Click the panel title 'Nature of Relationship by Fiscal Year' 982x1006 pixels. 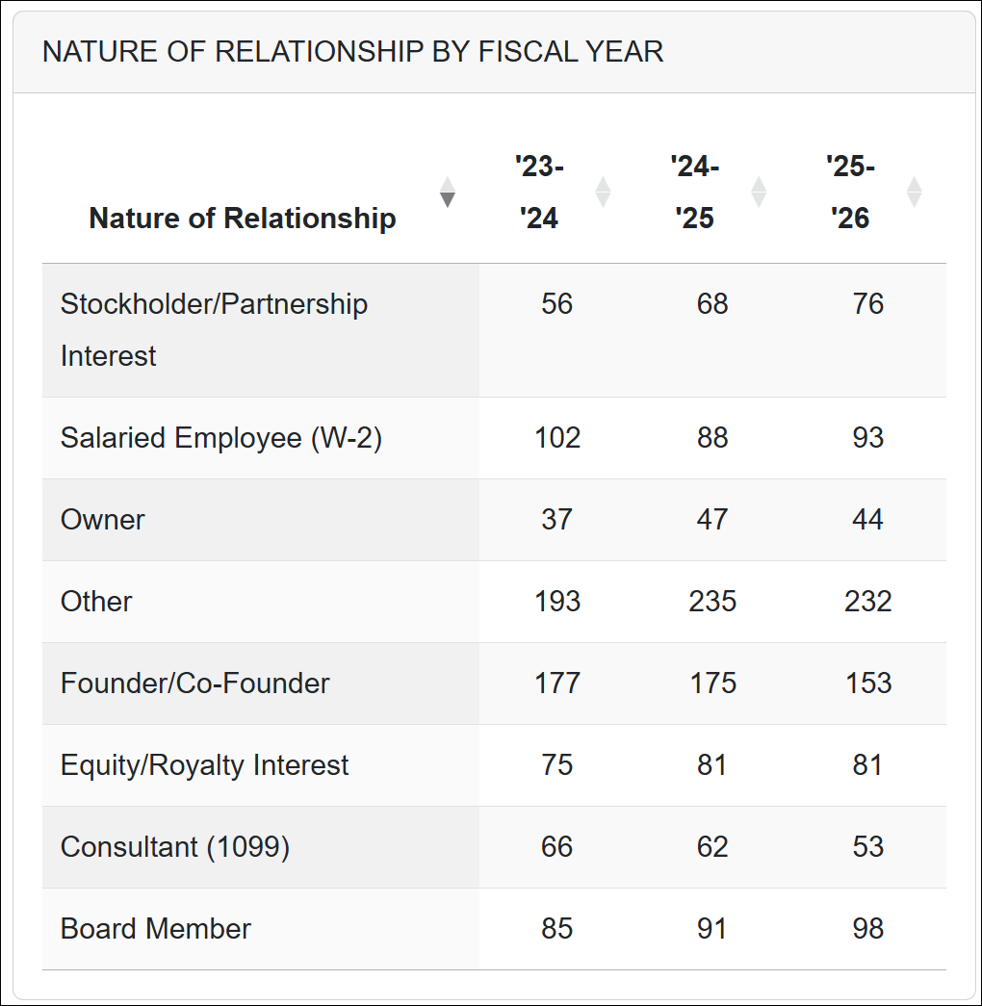pyautogui.click(x=352, y=52)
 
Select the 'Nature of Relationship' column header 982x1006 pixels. pyautogui.click(x=242, y=219)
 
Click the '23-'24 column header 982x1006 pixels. pyautogui.click(x=539, y=193)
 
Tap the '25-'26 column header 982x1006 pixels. pyautogui.click(x=850, y=193)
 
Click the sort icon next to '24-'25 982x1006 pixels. pyautogui.click(x=759, y=193)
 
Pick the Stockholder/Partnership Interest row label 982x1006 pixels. pyautogui.click(x=214, y=329)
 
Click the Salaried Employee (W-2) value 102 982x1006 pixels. pyautogui.click(x=557, y=438)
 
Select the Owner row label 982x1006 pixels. pyautogui.click(x=103, y=520)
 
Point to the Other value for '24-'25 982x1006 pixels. pyautogui.click(x=712, y=602)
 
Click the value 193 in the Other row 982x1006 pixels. pyautogui.click(x=557, y=602)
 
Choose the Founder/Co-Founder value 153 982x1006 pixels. pyautogui.click(x=867, y=684)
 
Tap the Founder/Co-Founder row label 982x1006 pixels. pyautogui.click(x=194, y=684)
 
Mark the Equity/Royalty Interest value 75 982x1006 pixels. pyautogui.click(x=557, y=765)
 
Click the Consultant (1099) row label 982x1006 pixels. pyautogui.click(x=174, y=847)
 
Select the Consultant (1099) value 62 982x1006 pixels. pyautogui.click(x=712, y=847)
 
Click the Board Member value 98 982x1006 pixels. pyautogui.click(x=867, y=929)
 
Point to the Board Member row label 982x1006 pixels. pyautogui.click(x=155, y=929)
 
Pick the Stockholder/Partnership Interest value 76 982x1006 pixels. pyautogui.click(x=867, y=304)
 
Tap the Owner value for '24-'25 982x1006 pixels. pyautogui.click(x=712, y=520)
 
